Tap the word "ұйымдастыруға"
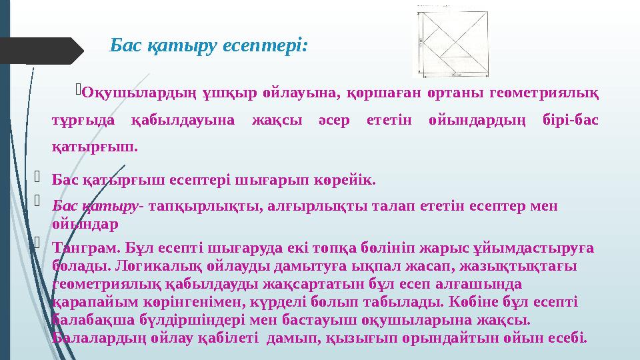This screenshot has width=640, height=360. [x=522, y=248]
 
